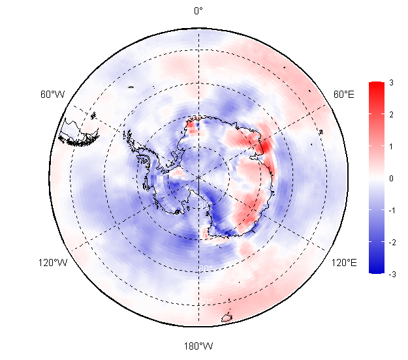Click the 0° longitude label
(198, 10)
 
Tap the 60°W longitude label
(52, 95)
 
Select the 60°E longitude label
(344, 95)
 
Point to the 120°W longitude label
(52, 263)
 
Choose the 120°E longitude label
(344, 263)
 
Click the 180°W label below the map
(198, 346)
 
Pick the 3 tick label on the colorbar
(390, 83)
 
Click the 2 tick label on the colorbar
(390, 115)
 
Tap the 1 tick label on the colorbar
(390, 146)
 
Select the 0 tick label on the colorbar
(390, 178)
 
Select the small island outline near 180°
(227, 318)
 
